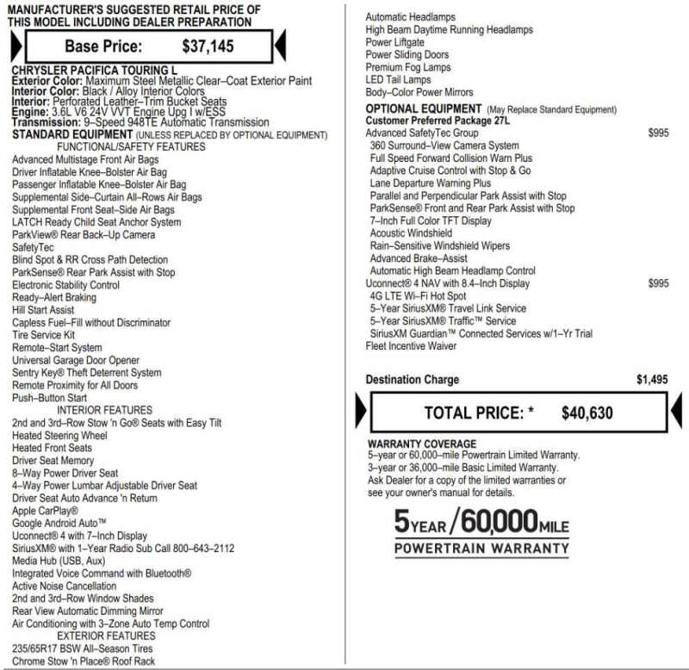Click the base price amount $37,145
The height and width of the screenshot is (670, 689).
(208, 46)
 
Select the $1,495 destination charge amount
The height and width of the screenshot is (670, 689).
(652, 380)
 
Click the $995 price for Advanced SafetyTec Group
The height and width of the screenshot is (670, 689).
(658, 133)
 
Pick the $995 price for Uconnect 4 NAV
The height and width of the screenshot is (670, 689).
(658, 283)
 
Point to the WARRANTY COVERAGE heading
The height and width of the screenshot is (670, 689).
(422, 444)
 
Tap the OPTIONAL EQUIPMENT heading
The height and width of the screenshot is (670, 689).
(424, 109)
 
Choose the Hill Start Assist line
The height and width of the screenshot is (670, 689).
(43, 310)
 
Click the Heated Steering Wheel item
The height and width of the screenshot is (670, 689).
(59, 436)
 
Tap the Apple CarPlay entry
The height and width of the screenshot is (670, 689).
(46, 511)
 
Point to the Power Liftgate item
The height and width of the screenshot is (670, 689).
(394, 42)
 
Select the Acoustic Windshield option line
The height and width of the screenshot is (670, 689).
(411, 233)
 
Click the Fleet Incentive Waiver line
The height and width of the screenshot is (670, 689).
(411, 346)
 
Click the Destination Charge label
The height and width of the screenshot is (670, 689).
(412, 380)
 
